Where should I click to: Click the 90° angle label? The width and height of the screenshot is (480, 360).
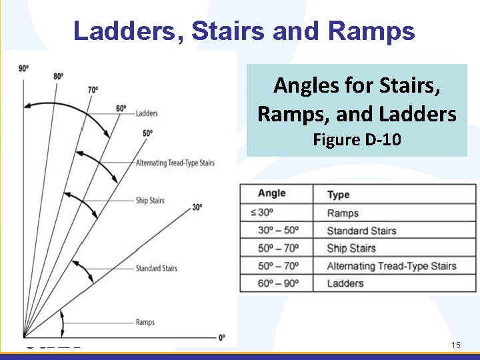click(23, 68)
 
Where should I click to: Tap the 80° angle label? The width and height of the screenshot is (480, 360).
click(58, 76)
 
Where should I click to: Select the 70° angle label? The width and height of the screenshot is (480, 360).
click(93, 90)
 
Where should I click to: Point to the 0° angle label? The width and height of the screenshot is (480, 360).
click(222, 337)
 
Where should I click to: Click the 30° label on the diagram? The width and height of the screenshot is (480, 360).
click(197, 207)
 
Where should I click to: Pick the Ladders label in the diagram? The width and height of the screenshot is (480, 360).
click(147, 113)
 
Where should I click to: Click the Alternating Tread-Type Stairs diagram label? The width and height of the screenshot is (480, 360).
click(175, 163)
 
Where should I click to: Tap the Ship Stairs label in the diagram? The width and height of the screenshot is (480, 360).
click(150, 200)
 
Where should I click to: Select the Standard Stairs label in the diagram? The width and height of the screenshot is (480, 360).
click(157, 268)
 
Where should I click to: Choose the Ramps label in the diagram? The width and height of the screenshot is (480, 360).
click(145, 322)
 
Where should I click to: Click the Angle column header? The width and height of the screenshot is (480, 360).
click(271, 193)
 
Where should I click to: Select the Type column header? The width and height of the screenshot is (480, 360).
click(338, 195)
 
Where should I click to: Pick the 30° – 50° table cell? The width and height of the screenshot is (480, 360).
click(278, 231)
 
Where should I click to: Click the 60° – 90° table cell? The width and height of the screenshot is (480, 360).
click(278, 283)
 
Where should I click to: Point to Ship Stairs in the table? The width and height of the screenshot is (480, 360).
click(351, 248)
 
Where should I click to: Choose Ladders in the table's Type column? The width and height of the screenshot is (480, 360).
click(345, 283)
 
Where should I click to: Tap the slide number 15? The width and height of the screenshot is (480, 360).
click(456, 345)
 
